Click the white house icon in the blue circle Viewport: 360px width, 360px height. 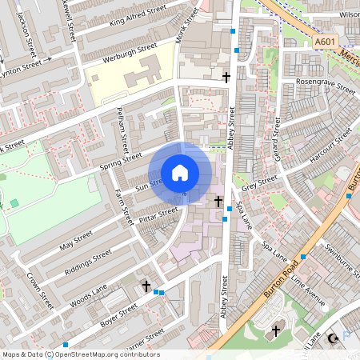180,173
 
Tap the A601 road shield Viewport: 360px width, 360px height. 325,42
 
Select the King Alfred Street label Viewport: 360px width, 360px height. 139,15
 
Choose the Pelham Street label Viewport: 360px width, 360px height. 123,130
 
